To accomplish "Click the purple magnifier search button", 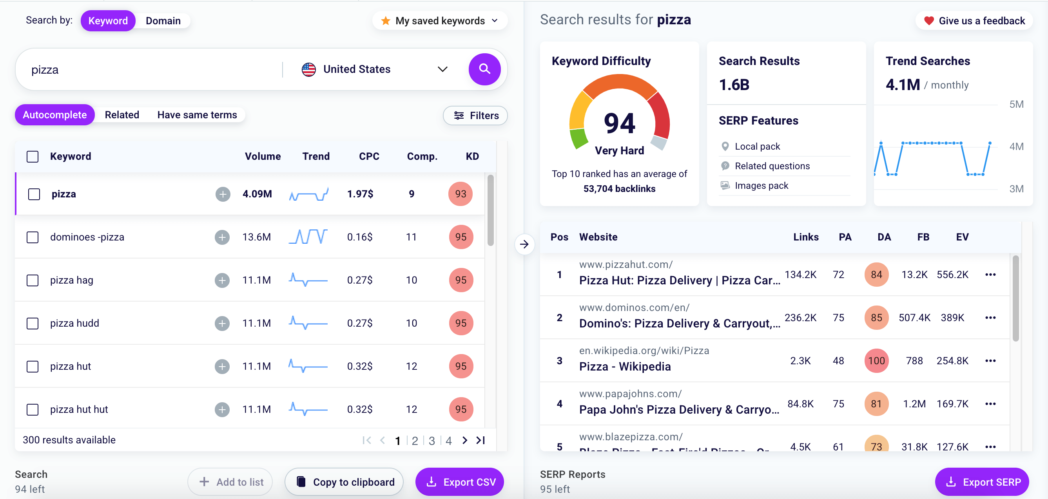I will (x=484, y=69).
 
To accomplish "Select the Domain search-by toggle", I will (x=163, y=21).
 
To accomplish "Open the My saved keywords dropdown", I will (x=440, y=21).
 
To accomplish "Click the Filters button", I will (x=475, y=116).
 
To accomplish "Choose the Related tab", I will (x=121, y=115).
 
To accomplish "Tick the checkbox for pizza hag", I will (x=33, y=280).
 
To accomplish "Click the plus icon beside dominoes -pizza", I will (x=222, y=237).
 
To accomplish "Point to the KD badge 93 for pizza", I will (x=460, y=194).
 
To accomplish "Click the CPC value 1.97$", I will (x=360, y=194).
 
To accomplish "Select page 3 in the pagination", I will (x=432, y=440).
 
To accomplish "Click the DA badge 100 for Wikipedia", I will (x=876, y=361).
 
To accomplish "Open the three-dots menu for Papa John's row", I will (x=990, y=404).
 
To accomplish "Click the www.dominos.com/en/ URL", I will (x=634, y=307).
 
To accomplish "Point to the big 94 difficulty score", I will (x=619, y=123).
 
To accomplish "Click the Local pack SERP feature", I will (x=757, y=146).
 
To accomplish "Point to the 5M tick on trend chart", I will (x=1016, y=105).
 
